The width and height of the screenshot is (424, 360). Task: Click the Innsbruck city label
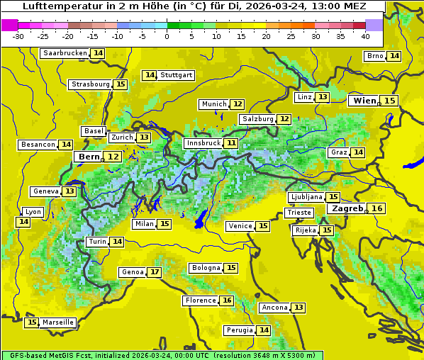tap(203, 143)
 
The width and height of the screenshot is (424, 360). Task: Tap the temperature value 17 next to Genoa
tap(155, 272)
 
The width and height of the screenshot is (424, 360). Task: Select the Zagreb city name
tap(347, 208)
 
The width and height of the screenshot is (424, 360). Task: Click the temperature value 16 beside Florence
tap(227, 300)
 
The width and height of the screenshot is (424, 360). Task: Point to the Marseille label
tap(58, 322)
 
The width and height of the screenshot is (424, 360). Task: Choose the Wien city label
tap(364, 101)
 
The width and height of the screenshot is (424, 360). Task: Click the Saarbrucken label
tap(65, 53)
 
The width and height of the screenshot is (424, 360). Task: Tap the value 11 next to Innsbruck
tap(232, 143)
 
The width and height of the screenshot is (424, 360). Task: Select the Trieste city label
tap(299, 213)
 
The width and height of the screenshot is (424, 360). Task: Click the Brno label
tap(374, 56)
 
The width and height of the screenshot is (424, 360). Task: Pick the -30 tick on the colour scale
tap(18, 36)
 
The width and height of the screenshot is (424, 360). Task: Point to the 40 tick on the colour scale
tap(365, 36)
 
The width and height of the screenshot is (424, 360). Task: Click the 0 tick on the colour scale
tap(167, 36)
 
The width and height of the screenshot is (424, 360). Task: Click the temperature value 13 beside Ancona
tap(299, 308)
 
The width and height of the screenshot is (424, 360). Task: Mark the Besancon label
tap(38, 145)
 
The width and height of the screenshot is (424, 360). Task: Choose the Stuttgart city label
tap(177, 75)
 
